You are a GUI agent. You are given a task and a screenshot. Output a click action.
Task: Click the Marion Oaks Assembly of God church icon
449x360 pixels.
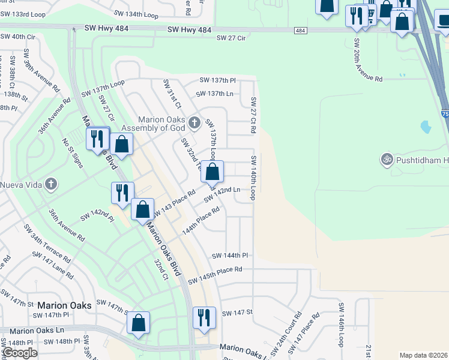pos(194,123)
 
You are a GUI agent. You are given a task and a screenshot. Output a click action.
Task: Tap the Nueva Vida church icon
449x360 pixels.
pos(52,184)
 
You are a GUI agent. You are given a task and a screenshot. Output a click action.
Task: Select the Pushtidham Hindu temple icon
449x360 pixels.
pos(387,160)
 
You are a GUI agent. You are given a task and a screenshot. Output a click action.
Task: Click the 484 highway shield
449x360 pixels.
pos(300,30)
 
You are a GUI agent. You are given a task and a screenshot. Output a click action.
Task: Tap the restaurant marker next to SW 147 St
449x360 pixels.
pos(204,318)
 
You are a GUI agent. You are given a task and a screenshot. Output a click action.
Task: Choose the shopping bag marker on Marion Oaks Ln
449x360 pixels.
pos(139,323)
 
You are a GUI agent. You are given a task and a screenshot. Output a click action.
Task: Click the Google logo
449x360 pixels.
pos(19,353)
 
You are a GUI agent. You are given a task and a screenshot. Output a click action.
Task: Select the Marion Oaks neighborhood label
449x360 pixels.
pos(64,305)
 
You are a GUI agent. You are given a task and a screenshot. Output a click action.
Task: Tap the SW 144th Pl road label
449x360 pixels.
pos(230,256)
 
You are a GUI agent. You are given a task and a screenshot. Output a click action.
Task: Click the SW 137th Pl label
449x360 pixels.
pos(218,80)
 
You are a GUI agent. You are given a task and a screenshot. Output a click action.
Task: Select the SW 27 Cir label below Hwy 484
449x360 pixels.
pos(232,38)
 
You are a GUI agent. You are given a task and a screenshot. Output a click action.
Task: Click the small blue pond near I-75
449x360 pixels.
pos(426,127)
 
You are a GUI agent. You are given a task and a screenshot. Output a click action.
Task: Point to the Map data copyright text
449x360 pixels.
pos(423,355)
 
